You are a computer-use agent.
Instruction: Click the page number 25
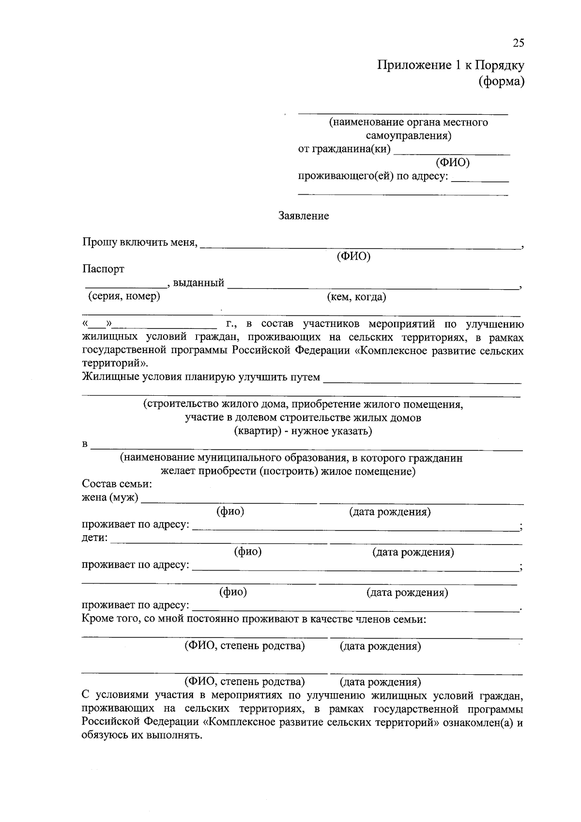point(518,43)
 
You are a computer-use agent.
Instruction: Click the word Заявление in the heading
point(304,216)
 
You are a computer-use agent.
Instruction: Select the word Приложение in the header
point(414,65)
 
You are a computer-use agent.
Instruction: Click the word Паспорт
point(103,269)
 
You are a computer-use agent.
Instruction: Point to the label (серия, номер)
point(123,296)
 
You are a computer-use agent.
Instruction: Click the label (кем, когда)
point(356,297)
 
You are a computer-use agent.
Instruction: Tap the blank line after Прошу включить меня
point(361,246)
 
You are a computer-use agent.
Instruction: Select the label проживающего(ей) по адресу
point(373,176)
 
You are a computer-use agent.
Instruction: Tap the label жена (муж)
point(110,497)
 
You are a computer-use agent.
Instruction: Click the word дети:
point(94,538)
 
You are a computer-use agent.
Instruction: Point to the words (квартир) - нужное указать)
point(303,431)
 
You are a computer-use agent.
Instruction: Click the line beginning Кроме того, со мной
point(254,619)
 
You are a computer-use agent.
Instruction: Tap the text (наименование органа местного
point(408,122)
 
